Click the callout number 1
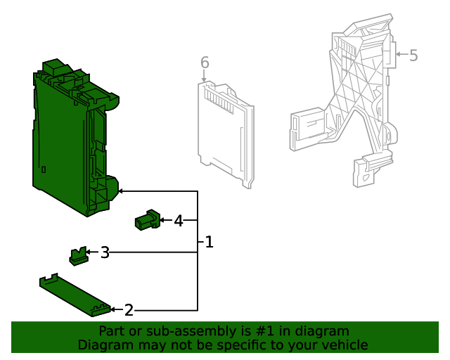(x=208, y=243)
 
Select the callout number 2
(x=129, y=309)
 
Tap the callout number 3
(x=105, y=252)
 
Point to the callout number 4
(x=179, y=221)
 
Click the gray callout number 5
(x=413, y=55)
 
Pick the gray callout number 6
(x=205, y=63)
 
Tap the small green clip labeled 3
(x=78, y=255)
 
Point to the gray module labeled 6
(x=224, y=134)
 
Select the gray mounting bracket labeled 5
(x=352, y=105)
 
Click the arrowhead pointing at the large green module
(x=120, y=191)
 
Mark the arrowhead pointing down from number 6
(x=205, y=82)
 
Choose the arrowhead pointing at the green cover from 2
(x=114, y=309)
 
